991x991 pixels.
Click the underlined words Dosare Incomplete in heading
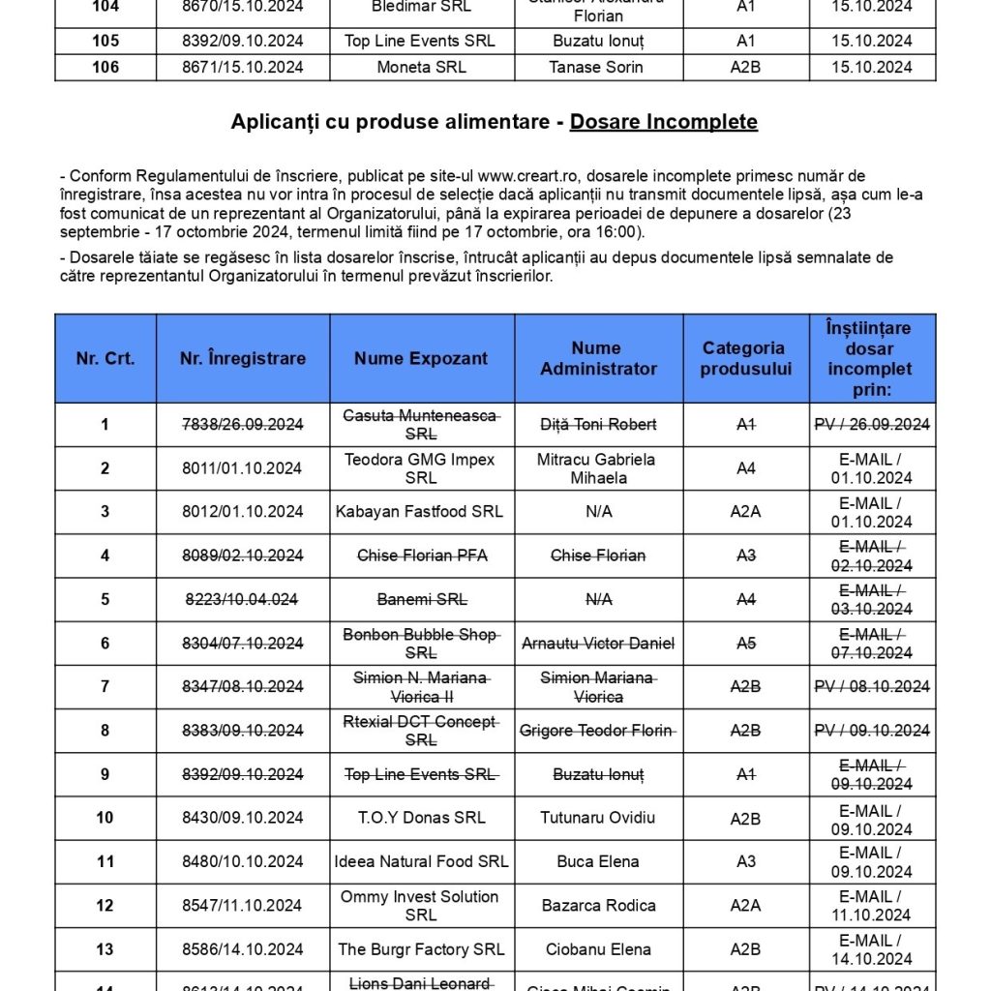coord(663,122)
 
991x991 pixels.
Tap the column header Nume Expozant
coord(421,358)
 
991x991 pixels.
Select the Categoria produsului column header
coord(745,358)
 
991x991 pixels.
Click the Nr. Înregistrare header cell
coord(243,358)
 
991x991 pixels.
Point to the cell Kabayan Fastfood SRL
coord(420,512)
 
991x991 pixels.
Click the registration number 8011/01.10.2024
coord(243,468)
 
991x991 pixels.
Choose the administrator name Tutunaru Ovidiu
coord(598,818)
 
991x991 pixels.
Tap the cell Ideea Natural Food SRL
coord(421,861)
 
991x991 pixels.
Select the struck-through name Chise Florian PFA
coord(420,556)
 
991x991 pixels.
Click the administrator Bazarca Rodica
coord(598,906)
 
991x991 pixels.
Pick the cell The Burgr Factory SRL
coord(421,949)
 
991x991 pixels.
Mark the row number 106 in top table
coord(105,67)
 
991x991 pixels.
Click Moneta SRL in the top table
coord(421,67)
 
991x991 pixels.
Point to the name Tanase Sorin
coord(598,67)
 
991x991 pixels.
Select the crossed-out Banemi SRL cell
coord(421,599)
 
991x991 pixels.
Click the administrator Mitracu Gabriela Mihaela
coord(597,468)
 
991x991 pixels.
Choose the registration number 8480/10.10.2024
coord(243,861)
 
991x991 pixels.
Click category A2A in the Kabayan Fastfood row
coord(745,512)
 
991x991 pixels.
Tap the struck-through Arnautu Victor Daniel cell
coord(598,644)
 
